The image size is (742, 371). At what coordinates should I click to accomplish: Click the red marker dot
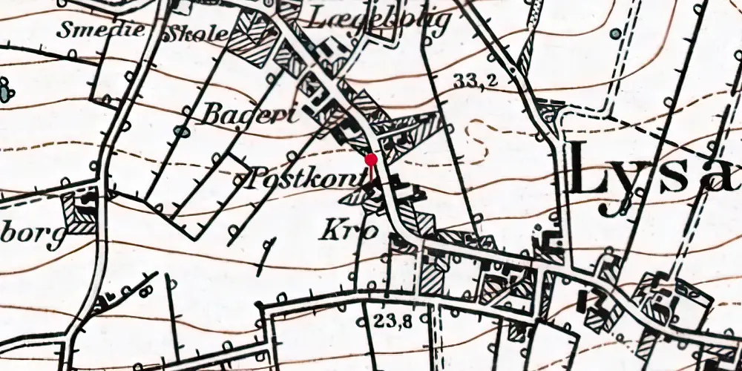[371, 159]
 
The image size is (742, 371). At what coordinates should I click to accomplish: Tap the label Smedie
[88, 32]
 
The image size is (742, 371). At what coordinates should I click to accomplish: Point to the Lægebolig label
[380, 19]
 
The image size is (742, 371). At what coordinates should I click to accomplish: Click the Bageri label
[249, 115]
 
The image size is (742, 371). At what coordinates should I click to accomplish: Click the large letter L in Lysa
[594, 174]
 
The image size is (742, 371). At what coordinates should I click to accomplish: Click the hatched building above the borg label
[79, 213]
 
